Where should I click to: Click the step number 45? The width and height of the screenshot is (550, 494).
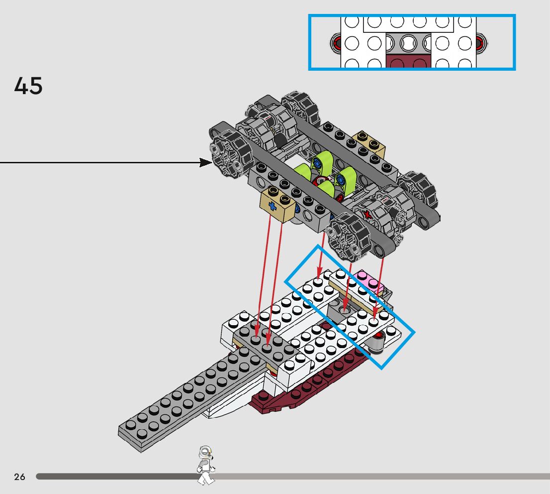pos(28,86)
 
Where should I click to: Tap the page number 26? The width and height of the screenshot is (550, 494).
pos(19,477)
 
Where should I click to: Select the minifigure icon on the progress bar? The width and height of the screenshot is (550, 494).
pos(205,465)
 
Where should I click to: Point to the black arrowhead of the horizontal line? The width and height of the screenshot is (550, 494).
pos(205,162)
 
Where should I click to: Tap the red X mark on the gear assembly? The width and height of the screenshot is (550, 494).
pos(367,215)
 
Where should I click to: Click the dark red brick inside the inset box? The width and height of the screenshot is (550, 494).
pos(408,62)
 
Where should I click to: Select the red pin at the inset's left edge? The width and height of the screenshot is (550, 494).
pos(337,43)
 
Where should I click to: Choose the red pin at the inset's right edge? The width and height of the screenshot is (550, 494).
pos(481,43)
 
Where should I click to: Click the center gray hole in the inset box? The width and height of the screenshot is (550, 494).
pos(408,43)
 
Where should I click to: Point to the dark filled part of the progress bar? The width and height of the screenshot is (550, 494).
pos(114,477)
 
